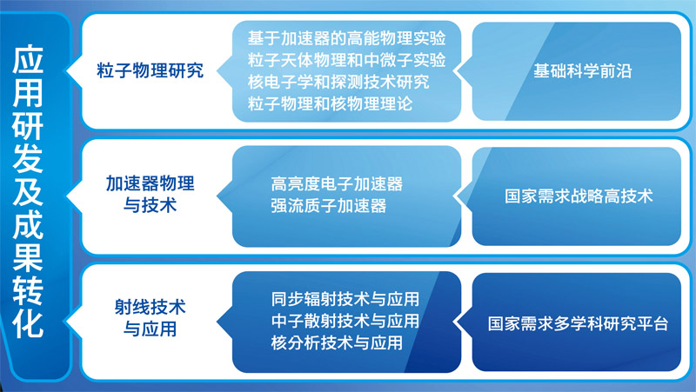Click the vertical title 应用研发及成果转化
tap(28, 191)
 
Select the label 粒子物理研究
tap(150, 71)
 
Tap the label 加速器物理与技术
tap(150, 194)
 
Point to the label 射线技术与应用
tap(150, 318)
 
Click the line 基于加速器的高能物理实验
tap(346, 38)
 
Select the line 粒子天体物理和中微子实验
tap(346, 60)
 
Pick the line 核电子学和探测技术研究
tap(338, 82)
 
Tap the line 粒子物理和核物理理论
tap(331, 103)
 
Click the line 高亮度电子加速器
tap(337, 183)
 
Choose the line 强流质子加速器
tap(329, 206)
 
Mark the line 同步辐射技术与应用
tap(345, 299)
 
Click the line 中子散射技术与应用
tap(345, 321)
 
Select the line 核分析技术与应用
tap(337, 342)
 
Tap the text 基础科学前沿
tap(582, 71)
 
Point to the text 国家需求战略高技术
tap(579, 196)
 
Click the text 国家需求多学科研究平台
tap(578, 323)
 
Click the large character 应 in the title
tap(28, 59)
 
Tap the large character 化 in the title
tap(28, 324)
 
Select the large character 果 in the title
tap(28, 258)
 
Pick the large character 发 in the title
tap(28, 158)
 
